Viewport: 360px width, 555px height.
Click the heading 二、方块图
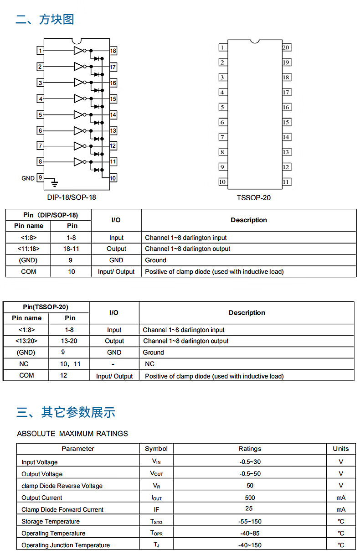(45, 19)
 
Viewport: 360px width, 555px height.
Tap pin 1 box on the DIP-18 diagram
(41, 51)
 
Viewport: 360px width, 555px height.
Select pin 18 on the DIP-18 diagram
(113, 51)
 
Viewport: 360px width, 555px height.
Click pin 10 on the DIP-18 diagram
(113, 178)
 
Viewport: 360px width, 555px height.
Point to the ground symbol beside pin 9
(55, 183)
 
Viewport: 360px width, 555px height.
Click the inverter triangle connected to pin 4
(78, 99)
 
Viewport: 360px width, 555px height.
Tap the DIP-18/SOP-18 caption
(72, 197)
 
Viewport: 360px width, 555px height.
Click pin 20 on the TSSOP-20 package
(286, 47)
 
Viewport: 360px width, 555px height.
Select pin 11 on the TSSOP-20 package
(286, 182)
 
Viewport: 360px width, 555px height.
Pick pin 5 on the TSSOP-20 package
(222, 107)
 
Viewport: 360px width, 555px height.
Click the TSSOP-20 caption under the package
(253, 198)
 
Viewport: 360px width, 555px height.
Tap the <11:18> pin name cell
(28, 249)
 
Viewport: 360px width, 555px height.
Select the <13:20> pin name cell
(26, 341)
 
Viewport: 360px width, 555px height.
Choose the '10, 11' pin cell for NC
(70, 364)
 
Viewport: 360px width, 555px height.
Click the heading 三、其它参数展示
(66, 412)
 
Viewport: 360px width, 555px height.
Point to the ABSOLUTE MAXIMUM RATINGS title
(72, 434)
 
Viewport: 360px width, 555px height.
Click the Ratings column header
(250, 449)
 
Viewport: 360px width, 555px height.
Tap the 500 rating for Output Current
(250, 498)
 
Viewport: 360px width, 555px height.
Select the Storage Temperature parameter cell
(51, 521)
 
